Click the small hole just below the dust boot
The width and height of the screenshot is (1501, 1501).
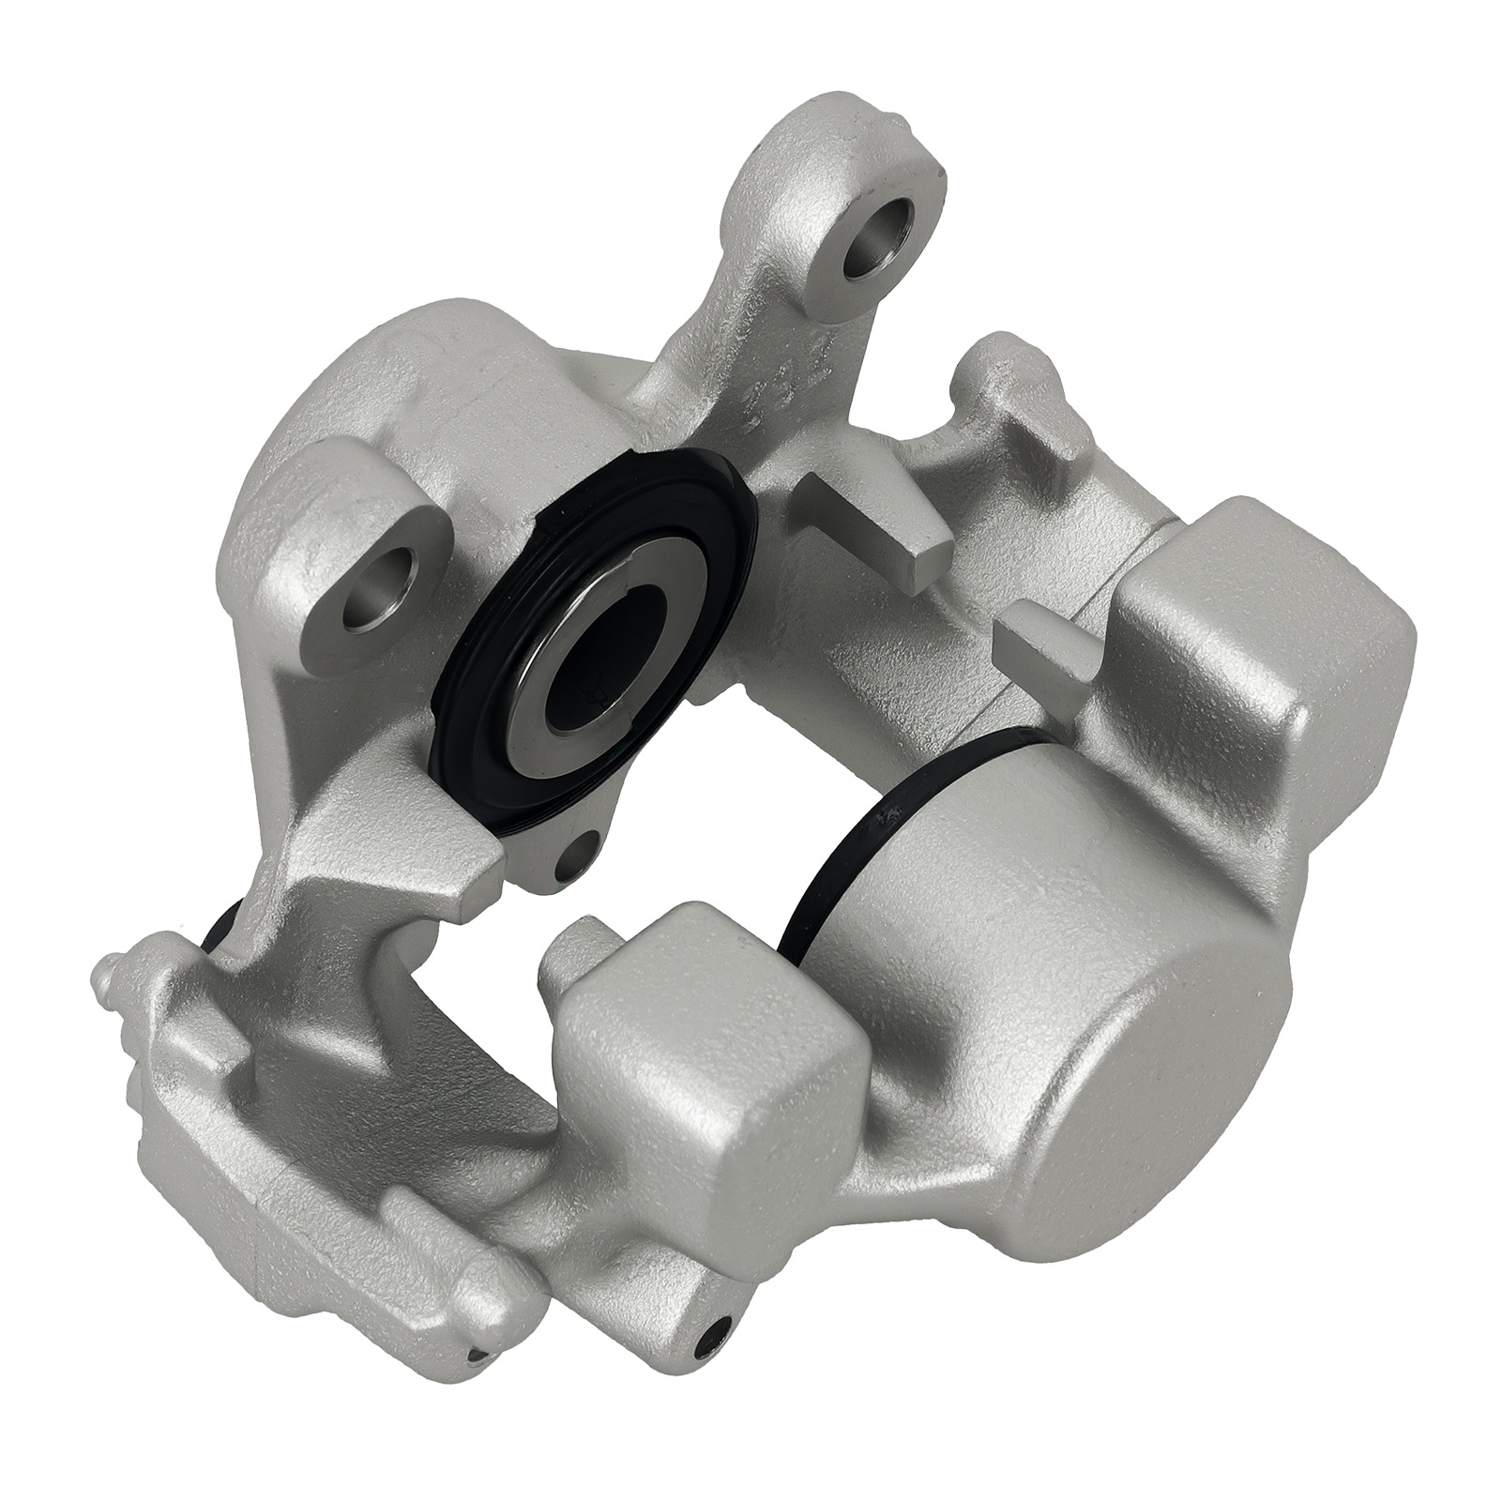point(574,850)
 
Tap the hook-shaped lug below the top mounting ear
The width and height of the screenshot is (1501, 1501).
point(994,394)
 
